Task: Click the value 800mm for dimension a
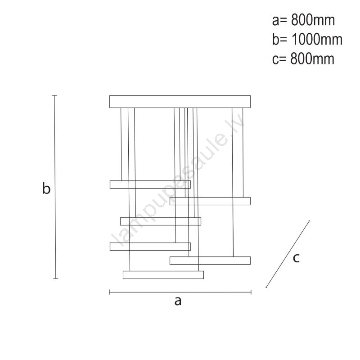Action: tap(313, 20)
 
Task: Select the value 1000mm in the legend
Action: tap(317, 39)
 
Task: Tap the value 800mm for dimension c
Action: tap(312, 59)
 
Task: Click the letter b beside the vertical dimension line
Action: tap(46, 188)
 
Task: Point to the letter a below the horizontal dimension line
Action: tap(178, 301)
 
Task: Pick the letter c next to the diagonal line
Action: tap(296, 258)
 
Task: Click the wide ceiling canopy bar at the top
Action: tap(180, 102)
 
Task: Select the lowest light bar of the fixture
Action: tap(163, 275)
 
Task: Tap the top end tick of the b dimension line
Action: tap(54, 95)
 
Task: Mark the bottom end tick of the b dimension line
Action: tap(55, 279)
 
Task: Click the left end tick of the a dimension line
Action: tap(109, 292)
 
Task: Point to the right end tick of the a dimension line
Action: tap(251, 292)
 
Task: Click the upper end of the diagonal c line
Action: tap(309, 221)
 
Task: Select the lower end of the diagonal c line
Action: tap(266, 287)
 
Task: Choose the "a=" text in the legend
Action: tap(279, 21)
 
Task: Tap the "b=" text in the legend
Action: tap(279, 39)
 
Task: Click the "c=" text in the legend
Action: tap(279, 59)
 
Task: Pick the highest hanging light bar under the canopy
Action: tap(150, 184)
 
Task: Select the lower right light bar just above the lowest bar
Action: tap(210, 261)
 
